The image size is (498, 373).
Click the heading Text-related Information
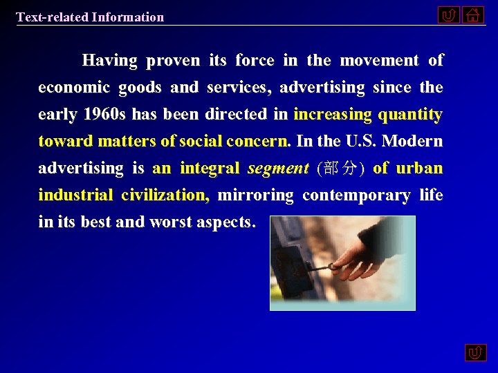pos(90,17)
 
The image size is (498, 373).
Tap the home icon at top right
pos(473,15)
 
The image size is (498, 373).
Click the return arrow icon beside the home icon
pos(448,15)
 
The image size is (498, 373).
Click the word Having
pos(109,61)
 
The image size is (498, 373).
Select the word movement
pos(380,61)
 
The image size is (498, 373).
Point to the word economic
pos(74,88)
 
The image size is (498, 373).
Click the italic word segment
pos(278,169)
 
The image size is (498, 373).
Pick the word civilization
pos(165,195)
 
